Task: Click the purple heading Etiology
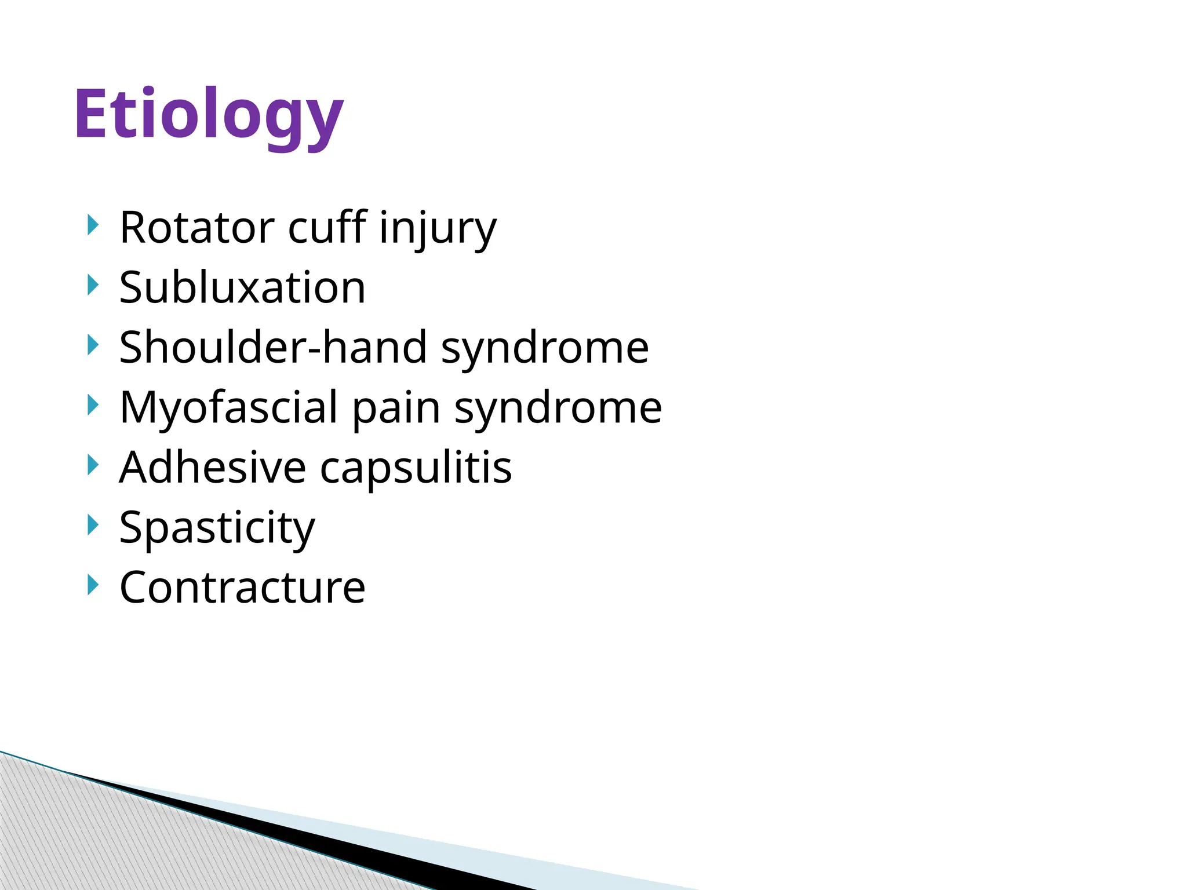pyautogui.click(x=209, y=115)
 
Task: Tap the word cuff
pyautogui.click(x=327, y=228)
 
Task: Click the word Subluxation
pyautogui.click(x=242, y=288)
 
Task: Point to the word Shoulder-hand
pyautogui.click(x=272, y=348)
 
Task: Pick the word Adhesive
pyautogui.click(x=212, y=468)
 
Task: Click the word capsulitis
pyautogui.click(x=416, y=468)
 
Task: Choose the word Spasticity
pyautogui.click(x=217, y=528)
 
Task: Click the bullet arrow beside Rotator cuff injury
pyautogui.click(x=92, y=225)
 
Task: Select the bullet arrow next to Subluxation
pyautogui.click(x=92, y=285)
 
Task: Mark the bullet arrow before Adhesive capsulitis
pyautogui.click(x=92, y=465)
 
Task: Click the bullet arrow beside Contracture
pyautogui.click(x=92, y=585)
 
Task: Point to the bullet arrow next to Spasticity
pyautogui.click(x=92, y=525)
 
